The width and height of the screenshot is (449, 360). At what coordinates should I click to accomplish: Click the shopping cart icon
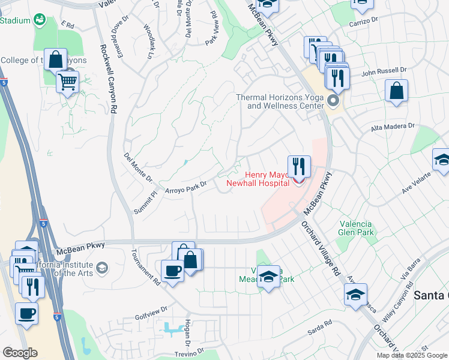point(68,81)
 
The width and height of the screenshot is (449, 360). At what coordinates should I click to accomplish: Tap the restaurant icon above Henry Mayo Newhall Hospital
point(299,166)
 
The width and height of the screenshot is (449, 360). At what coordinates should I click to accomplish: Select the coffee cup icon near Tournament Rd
point(173,271)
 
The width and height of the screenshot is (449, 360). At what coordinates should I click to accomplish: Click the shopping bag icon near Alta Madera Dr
point(396,91)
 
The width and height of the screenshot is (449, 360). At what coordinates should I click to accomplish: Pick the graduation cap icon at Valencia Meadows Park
point(269,277)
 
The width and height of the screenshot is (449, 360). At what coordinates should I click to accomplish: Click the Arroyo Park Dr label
point(185,187)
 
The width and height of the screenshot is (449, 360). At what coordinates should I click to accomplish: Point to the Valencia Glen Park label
point(357,228)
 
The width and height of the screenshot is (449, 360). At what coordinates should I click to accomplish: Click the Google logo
point(20,352)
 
